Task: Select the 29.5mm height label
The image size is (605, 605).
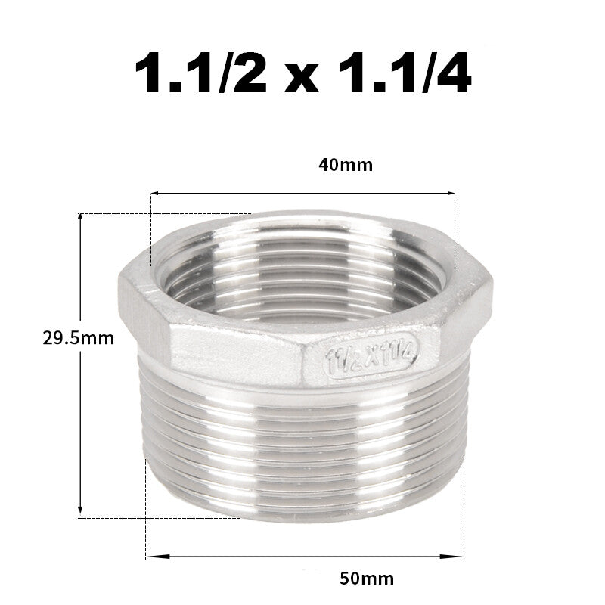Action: (x=79, y=338)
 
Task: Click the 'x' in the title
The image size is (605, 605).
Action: (x=302, y=79)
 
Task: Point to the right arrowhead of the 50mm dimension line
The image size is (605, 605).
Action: (x=461, y=557)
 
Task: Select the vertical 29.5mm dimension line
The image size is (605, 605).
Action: (x=81, y=423)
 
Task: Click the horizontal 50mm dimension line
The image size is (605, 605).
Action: (x=302, y=557)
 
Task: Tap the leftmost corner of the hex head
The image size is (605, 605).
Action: (x=119, y=281)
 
